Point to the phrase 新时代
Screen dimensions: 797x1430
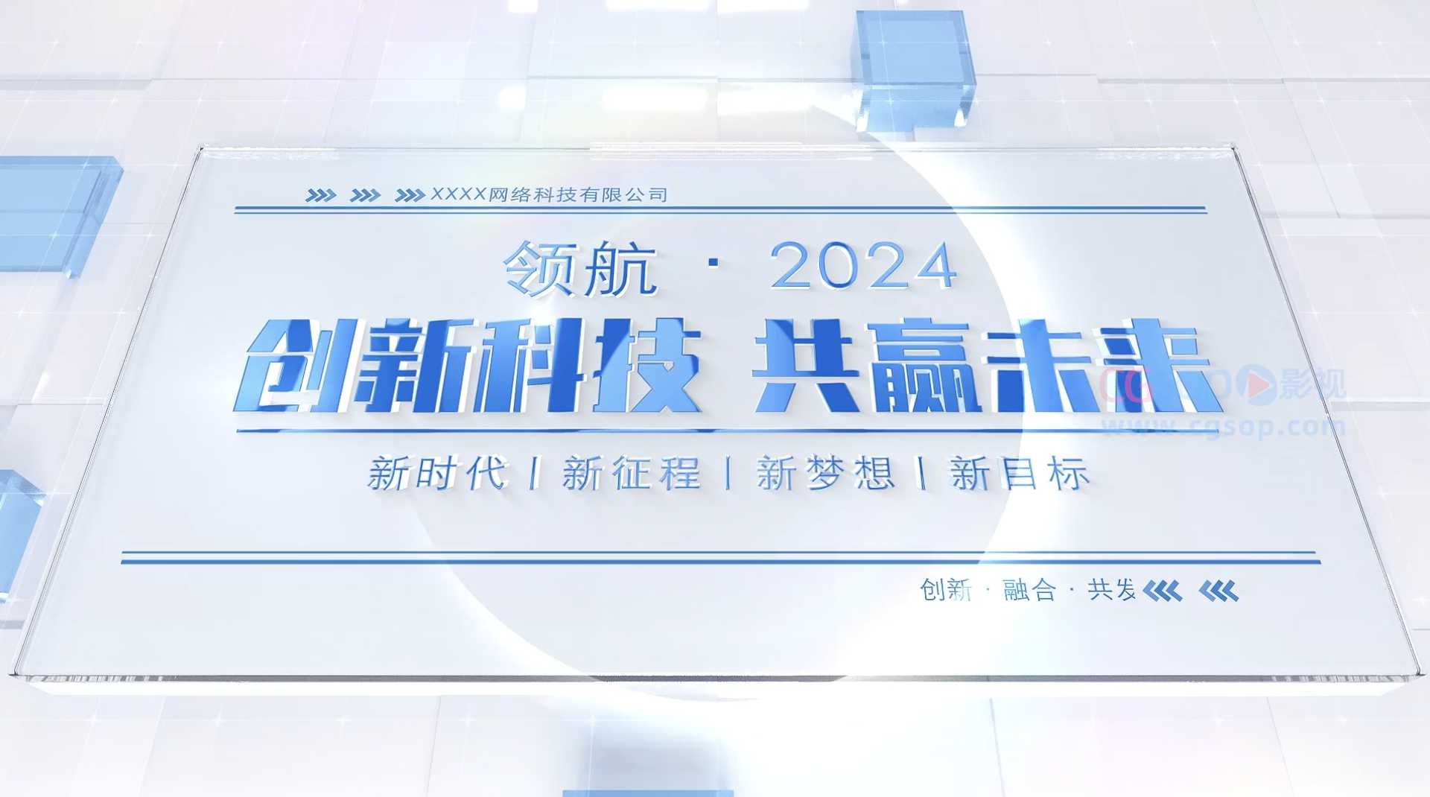(x=437, y=474)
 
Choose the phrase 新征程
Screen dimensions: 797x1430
(x=632, y=474)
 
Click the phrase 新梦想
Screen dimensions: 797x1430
(x=825, y=474)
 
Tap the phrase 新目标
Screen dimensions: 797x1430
(x=1019, y=474)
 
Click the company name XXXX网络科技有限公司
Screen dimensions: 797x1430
(x=549, y=195)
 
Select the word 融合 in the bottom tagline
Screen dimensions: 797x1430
(x=1029, y=591)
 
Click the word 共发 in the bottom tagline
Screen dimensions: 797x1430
(x=1111, y=591)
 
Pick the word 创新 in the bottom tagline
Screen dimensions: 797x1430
(x=946, y=591)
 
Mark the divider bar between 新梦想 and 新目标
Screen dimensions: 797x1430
(x=923, y=474)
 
